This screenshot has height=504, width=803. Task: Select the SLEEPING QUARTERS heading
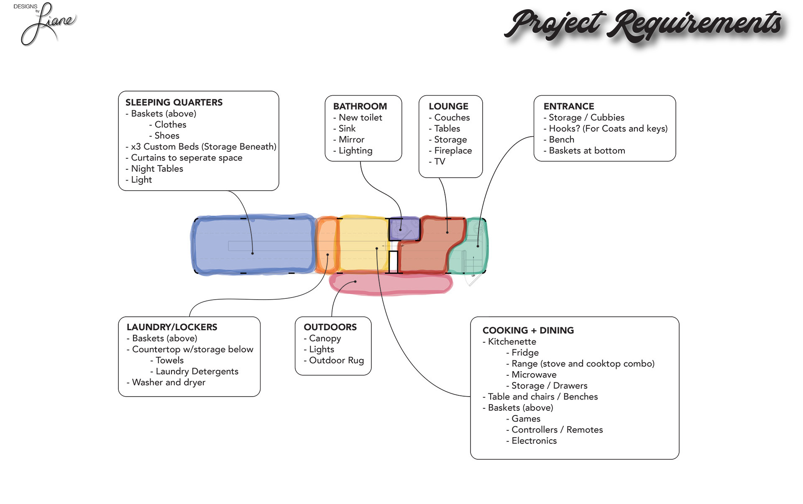coord(174,102)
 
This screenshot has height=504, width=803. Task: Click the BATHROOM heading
coord(360,107)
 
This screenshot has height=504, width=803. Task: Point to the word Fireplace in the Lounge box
coord(453,150)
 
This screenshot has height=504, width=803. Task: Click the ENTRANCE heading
coord(569,107)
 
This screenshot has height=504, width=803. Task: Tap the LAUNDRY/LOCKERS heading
coord(172,327)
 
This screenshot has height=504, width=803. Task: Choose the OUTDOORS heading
coord(330,327)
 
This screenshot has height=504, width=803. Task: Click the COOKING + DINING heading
coord(528,331)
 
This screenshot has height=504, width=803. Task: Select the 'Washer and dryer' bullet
coord(169,382)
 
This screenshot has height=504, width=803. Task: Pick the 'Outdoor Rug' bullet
coord(336,360)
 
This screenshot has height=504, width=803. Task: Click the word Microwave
coord(534,375)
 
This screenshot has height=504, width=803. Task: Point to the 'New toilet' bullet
coord(360,118)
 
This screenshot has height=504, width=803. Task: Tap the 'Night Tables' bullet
coord(157,169)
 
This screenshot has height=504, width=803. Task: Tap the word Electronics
coord(534,441)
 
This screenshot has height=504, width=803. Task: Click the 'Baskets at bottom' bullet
coord(587,151)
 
